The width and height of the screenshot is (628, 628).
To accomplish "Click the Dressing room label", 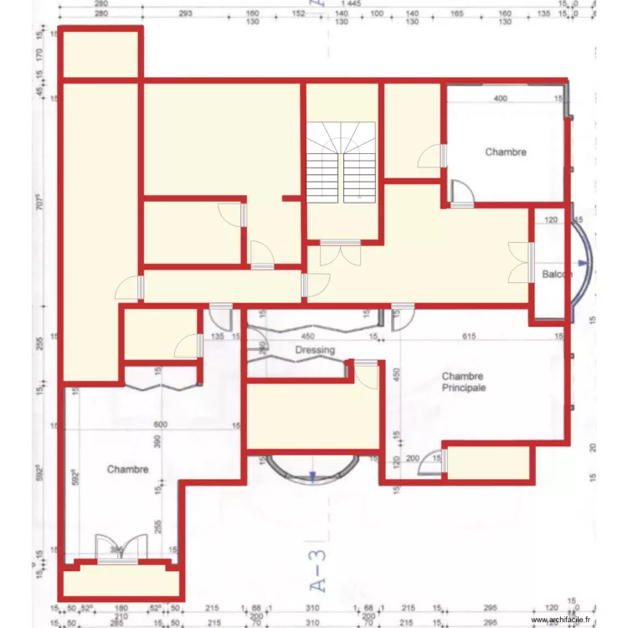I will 315,350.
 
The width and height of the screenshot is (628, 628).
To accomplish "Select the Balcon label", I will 557,275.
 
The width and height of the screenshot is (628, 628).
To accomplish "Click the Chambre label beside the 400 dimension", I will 506,152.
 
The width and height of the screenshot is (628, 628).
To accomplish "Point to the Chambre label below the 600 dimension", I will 128,470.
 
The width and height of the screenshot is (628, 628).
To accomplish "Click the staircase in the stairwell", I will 341,162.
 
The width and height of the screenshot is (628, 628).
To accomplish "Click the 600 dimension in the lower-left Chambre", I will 160,425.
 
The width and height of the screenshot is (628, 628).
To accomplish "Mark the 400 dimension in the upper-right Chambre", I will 499,99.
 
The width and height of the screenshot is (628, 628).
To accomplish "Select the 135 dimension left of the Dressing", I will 219,337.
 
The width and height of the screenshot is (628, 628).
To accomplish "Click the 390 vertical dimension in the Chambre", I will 153,440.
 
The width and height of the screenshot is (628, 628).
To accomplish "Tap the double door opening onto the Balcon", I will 521,262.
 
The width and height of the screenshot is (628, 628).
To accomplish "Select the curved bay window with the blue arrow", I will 311,471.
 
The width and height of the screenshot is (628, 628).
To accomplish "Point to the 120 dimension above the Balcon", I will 550,220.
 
